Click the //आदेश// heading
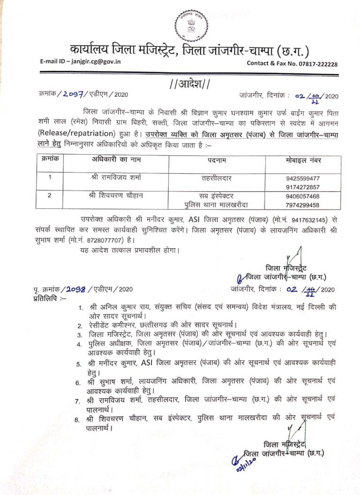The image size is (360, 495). coord(189,84)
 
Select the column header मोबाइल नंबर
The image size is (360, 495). coord(303,160)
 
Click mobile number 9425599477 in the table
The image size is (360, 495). coord(302,179)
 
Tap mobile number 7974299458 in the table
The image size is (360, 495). coord(302,205)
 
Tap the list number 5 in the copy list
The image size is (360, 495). coord(80,364)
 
